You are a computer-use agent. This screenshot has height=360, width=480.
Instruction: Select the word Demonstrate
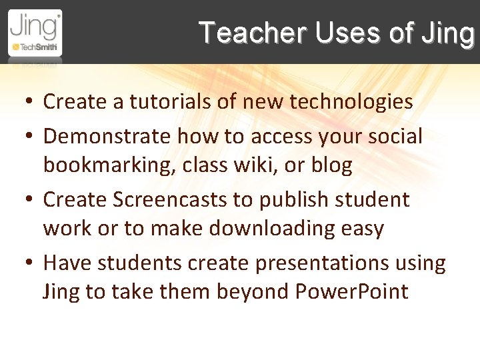(107, 137)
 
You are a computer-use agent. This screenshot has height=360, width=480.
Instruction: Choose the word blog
(331, 165)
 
